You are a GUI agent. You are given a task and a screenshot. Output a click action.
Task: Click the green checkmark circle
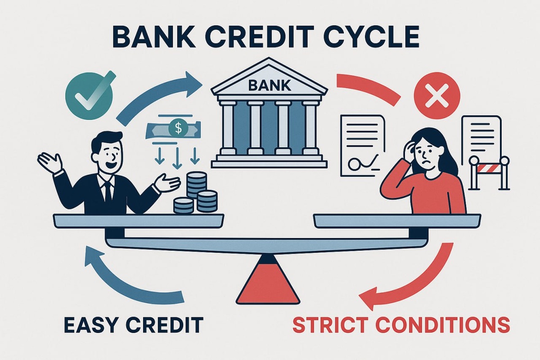[88, 93]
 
